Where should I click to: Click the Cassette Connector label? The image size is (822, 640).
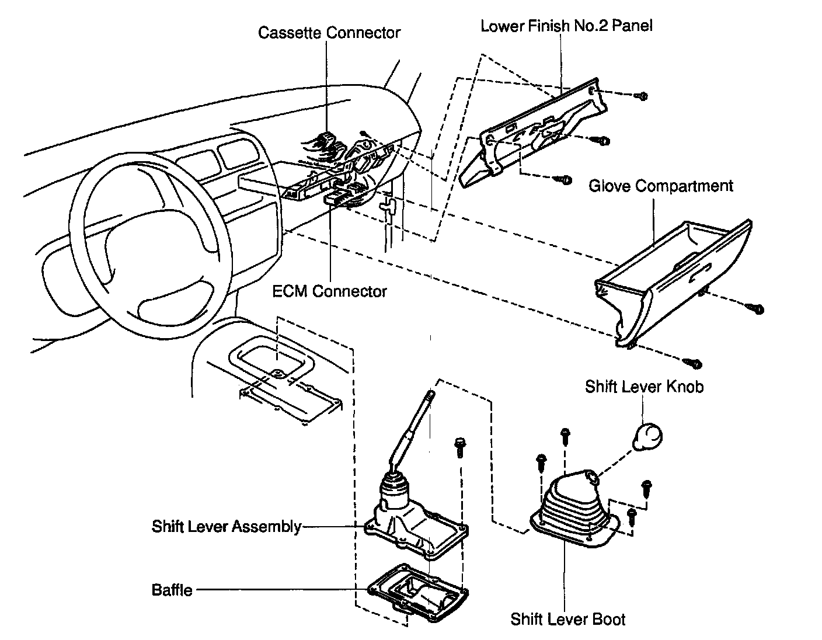[x=329, y=32]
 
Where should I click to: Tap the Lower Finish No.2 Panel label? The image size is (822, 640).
[x=566, y=26]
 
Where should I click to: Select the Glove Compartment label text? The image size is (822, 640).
[x=660, y=186]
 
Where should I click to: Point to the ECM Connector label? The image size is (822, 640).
[x=329, y=291]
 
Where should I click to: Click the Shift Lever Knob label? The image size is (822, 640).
[x=644, y=387]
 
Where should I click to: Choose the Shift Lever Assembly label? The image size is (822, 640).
[x=226, y=526]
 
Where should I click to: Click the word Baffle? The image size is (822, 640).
[x=172, y=590]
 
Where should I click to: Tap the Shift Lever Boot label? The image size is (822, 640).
[x=567, y=619]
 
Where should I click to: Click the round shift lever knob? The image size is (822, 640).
[x=647, y=435]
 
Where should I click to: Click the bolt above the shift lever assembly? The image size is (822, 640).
[x=459, y=446]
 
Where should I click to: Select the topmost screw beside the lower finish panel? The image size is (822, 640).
[x=642, y=96]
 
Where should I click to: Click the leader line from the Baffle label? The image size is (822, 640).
[x=280, y=590]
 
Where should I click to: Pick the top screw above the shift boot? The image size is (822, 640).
[x=565, y=434]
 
